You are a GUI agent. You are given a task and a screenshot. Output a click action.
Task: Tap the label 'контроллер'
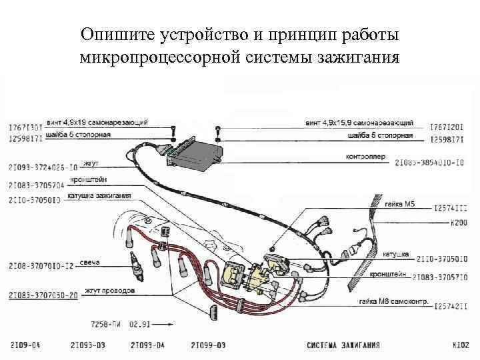(x=366, y=157)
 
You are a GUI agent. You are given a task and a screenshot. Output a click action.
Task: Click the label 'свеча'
(x=89, y=262)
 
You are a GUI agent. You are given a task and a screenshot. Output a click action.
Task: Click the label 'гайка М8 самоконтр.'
(x=392, y=302)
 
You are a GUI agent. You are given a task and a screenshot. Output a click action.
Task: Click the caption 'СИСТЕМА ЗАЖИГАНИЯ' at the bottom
(x=343, y=345)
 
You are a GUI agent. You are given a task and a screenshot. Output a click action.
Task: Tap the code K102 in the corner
(x=461, y=345)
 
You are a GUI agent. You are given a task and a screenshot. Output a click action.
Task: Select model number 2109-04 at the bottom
(x=25, y=345)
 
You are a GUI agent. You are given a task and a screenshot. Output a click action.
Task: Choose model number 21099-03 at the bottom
(x=208, y=345)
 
